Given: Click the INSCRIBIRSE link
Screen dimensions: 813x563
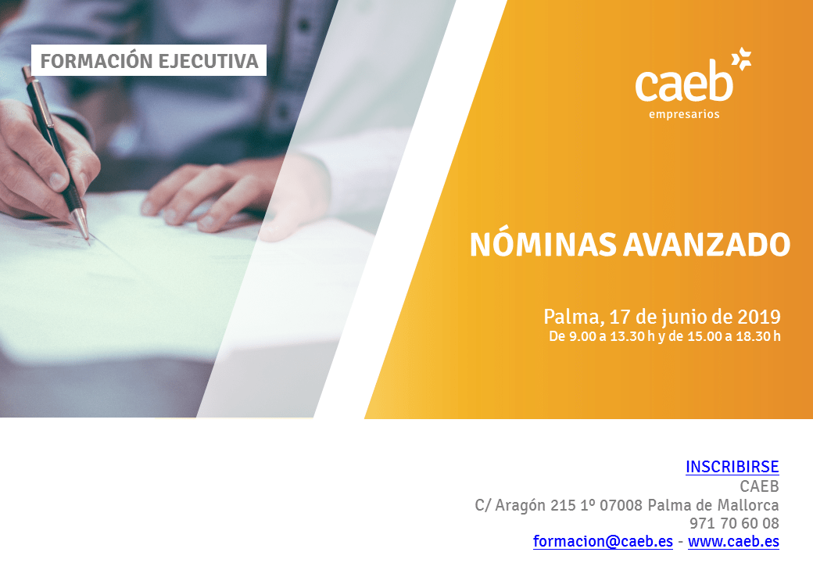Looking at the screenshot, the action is point(732,467).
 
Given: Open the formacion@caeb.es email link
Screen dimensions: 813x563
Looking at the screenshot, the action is point(603,541).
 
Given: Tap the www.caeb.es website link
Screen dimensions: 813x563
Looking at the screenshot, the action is point(734,541).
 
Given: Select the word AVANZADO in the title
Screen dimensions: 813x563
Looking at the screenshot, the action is point(707,245).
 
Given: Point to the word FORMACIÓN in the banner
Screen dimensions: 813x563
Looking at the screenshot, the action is point(96,61).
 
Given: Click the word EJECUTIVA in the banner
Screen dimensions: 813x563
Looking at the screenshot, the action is point(209,61).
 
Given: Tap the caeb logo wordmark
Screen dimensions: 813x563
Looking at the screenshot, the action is point(684,81).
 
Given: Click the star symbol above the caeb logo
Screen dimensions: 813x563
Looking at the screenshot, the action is point(741,59).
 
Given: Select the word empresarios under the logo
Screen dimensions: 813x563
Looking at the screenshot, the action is point(684,115).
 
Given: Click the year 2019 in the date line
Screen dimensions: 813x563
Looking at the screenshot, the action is point(759,317).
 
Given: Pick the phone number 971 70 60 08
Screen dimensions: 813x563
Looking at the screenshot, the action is point(734,523).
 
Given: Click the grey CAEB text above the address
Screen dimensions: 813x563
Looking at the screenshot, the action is point(760,486).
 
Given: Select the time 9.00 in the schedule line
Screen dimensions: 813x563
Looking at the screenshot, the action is point(582,336).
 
